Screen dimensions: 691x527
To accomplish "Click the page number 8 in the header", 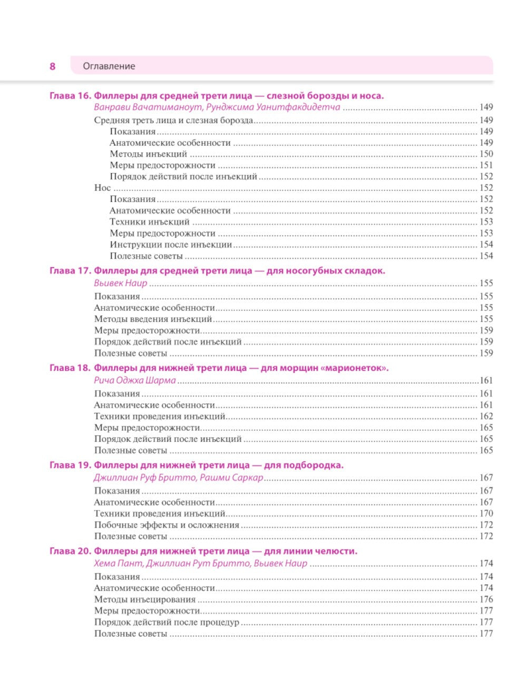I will [x=52, y=66].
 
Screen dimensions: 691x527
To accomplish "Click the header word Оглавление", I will [x=109, y=66].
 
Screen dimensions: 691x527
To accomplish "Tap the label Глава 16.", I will [x=70, y=96].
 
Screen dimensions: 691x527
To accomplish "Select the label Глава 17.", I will [x=70, y=271].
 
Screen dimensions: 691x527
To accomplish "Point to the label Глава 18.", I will [x=70, y=368].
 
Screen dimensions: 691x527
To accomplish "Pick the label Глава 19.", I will [x=70, y=465].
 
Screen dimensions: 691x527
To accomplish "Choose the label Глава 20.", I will [x=70, y=551].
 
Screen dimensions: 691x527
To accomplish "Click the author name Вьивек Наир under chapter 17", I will [x=121, y=283].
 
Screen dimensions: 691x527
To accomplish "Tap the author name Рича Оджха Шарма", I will [x=135, y=380].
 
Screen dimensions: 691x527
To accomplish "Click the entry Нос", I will [x=102, y=188].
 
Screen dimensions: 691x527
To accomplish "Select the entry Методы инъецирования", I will [x=145, y=599].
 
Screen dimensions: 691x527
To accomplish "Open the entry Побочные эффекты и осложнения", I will [x=167, y=525].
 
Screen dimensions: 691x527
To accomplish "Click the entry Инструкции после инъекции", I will [x=171, y=244].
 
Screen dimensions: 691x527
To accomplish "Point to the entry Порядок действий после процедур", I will [x=167, y=622].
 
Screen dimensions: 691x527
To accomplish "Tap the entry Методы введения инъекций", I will [x=153, y=319].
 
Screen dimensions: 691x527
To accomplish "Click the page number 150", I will [x=486, y=154].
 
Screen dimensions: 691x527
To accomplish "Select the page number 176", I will [x=486, y=599].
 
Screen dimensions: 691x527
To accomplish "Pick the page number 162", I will [x=486, y=417].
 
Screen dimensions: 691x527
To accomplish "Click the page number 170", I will [x=486, y=514].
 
